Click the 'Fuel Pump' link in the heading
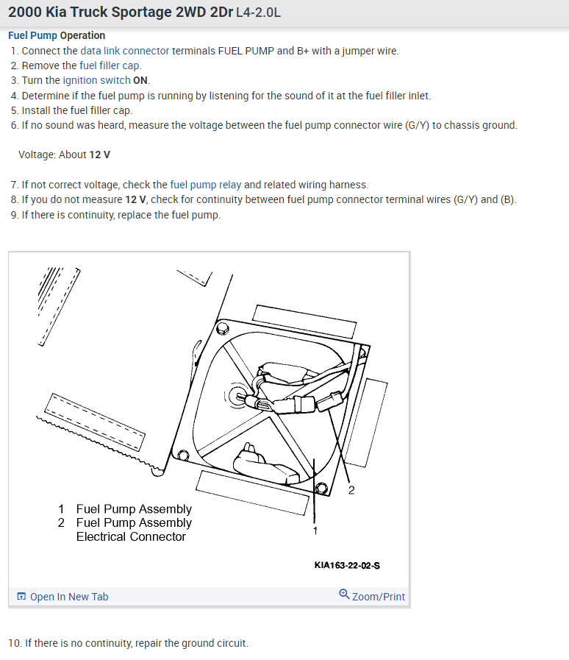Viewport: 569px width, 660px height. (33, 35)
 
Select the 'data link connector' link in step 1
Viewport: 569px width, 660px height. (124, 51)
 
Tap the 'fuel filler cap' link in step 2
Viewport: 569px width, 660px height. (110, 65)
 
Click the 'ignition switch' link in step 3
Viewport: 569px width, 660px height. (96, 80)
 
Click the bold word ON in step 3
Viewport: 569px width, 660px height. (141, 80)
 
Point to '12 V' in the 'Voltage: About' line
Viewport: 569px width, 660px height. (100, 155)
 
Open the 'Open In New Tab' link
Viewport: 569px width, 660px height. (68, 597)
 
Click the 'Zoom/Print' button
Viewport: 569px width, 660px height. (378, 597)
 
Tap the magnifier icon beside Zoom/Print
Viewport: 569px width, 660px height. (344, 595)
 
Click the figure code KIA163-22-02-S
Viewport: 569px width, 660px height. (346, 565)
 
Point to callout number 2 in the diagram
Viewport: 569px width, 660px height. (351, 491)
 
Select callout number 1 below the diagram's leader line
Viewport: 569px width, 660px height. (315, 531)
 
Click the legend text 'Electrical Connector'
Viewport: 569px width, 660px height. (131, 536)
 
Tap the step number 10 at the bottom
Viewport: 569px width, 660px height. (14, 643)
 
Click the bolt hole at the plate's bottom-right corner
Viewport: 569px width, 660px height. (320, 488)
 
